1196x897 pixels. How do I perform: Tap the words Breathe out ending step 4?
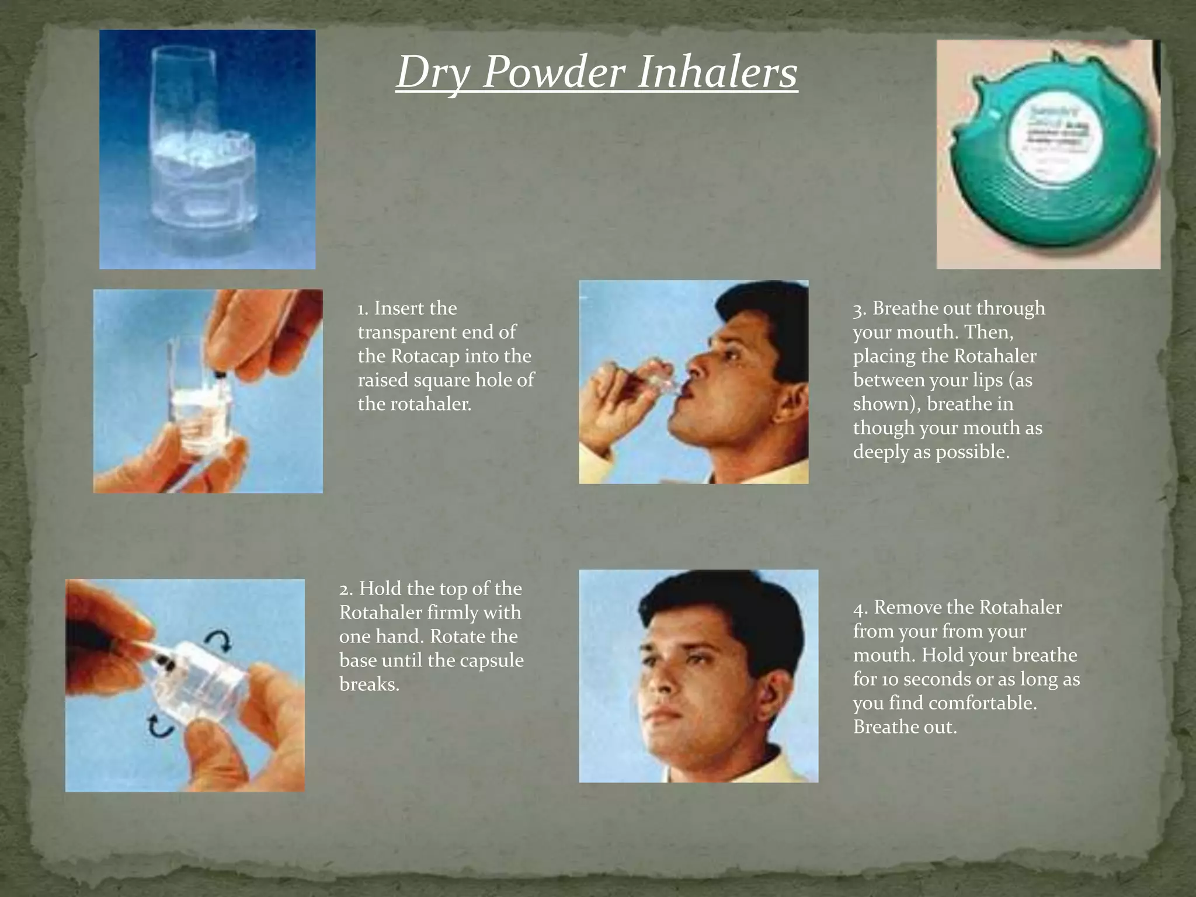point(905,727)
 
